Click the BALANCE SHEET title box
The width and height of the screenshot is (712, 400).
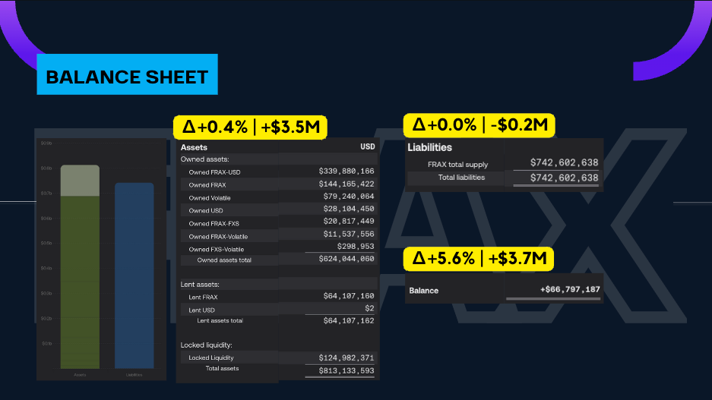(127, 75)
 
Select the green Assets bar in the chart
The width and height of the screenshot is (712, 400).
(80, 281)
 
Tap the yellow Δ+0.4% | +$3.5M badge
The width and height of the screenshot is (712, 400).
(250, 127)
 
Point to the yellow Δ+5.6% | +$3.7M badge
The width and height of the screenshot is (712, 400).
(479, 259)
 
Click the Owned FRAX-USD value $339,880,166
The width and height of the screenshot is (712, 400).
(347, 172)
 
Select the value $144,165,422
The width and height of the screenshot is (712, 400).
(347, 184)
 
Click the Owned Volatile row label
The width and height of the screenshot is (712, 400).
(210, 198)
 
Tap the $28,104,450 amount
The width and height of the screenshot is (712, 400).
(347, 209)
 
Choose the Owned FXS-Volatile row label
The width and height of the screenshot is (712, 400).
(217, 249)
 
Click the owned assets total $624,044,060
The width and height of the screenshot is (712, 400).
(347, 259)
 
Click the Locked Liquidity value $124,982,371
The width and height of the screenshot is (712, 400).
(347, 357)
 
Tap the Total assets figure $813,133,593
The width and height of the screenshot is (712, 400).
(347, 370)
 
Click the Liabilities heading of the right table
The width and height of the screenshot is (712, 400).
(430, 147)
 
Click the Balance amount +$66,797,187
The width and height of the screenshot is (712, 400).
(570, 289)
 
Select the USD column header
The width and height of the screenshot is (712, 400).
(367, 146)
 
